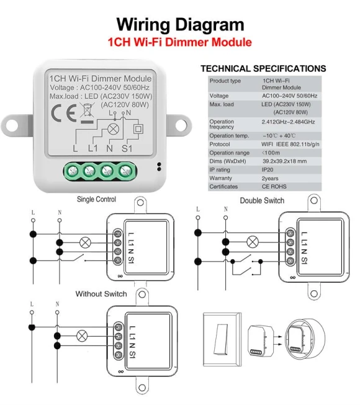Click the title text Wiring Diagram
coord(180,25)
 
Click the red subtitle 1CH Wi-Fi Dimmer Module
coord(179,43)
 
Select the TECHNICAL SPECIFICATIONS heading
coord(263,68)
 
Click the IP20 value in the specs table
coord(269,169)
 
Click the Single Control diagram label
coord(96,200)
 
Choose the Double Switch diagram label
coord(262,200)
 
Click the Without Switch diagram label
coord(101,293)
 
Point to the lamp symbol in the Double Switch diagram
coord(252,242)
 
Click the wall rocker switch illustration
coord(221,338)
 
